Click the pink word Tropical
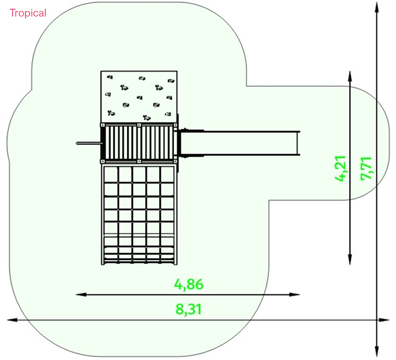coord(28,13)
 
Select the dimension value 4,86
coord(189,284)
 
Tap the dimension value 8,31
coord(189,309)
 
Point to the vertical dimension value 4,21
coord(340,169)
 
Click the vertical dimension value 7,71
coord(366,169)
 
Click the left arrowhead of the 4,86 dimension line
coord(81,295)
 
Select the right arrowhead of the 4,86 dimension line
coord(295,295)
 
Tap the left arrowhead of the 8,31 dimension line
coord(12,320)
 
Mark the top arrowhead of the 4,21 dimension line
coord(350,76)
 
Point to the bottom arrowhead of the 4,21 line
coord(350,259)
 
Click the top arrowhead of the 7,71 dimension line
coord(377,7)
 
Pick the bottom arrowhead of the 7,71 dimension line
coord(377,351)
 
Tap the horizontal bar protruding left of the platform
coord(89,144)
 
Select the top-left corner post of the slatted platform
coord(103,125)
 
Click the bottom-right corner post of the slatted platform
coord(175,161)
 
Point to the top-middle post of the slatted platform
coord(139,125)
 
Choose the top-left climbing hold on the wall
coord(110,77)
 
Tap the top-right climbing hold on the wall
coord(171,81)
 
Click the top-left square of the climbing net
coord(111,174)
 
